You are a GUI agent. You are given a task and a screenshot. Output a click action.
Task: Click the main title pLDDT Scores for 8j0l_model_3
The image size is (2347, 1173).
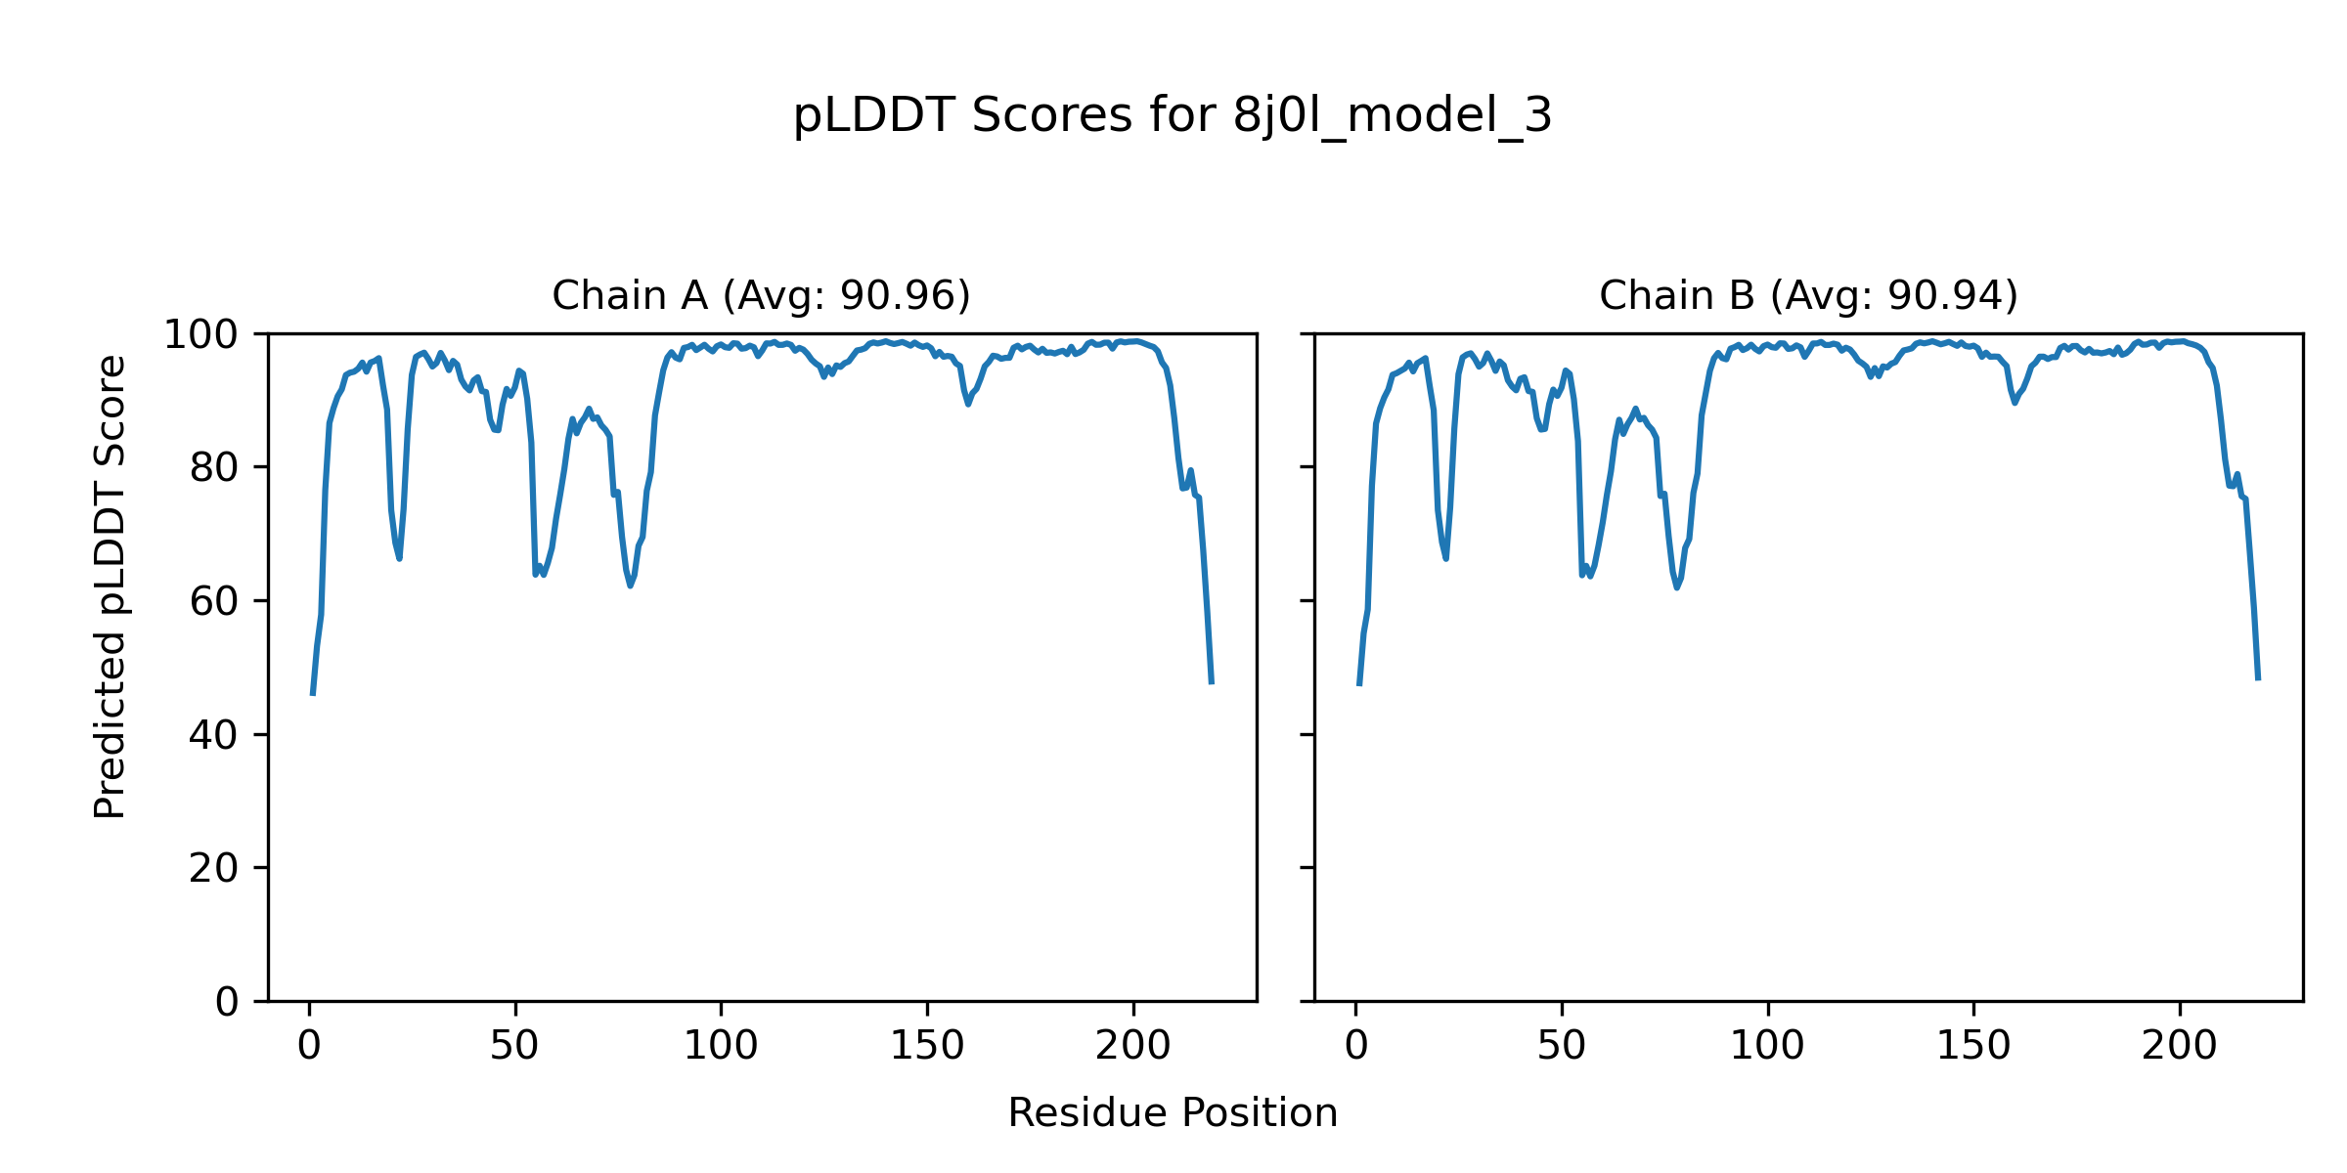pos(1172,117)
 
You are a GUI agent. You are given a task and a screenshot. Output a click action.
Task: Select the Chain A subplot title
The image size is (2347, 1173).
pos(761,295)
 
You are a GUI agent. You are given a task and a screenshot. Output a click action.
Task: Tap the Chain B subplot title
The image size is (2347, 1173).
pos(1808,295)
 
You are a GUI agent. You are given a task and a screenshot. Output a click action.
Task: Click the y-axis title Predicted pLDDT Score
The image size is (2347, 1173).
pos(110,586)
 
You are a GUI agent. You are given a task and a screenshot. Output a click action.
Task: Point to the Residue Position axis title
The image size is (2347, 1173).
pos(1172,1113)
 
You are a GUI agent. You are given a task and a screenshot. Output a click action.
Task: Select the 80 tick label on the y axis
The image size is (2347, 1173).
pos(214,468)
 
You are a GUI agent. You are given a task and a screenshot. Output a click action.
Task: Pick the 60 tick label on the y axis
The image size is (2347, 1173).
pos(214,601)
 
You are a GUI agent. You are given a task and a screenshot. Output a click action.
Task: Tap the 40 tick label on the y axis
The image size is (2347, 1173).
pos(214,735)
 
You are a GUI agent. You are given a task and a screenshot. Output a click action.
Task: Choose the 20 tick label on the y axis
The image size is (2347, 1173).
pos(214,868)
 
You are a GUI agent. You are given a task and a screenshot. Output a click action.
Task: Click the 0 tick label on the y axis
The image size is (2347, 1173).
pos(227,1002)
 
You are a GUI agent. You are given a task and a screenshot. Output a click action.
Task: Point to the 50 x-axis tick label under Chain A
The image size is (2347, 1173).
pos(514,1046)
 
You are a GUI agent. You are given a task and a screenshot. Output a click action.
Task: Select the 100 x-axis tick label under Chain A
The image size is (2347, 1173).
pos(721,1046)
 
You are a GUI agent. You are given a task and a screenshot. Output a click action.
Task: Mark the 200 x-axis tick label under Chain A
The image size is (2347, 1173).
pos(1132,1046)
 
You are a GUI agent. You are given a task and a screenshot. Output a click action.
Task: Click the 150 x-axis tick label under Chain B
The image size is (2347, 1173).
pos(1973,1046)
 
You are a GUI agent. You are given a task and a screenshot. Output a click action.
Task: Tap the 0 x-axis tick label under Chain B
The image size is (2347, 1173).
pos(1355,1046)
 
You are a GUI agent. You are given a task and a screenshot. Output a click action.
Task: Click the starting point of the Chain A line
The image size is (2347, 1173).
pos(312,694)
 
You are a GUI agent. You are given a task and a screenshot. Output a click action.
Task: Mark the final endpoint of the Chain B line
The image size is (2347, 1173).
pos(2258,679)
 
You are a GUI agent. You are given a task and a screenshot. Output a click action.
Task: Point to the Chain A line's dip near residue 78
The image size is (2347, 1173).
pos(631,585)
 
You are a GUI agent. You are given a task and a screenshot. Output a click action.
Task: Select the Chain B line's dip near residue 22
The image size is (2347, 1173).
pos(1446,558)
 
